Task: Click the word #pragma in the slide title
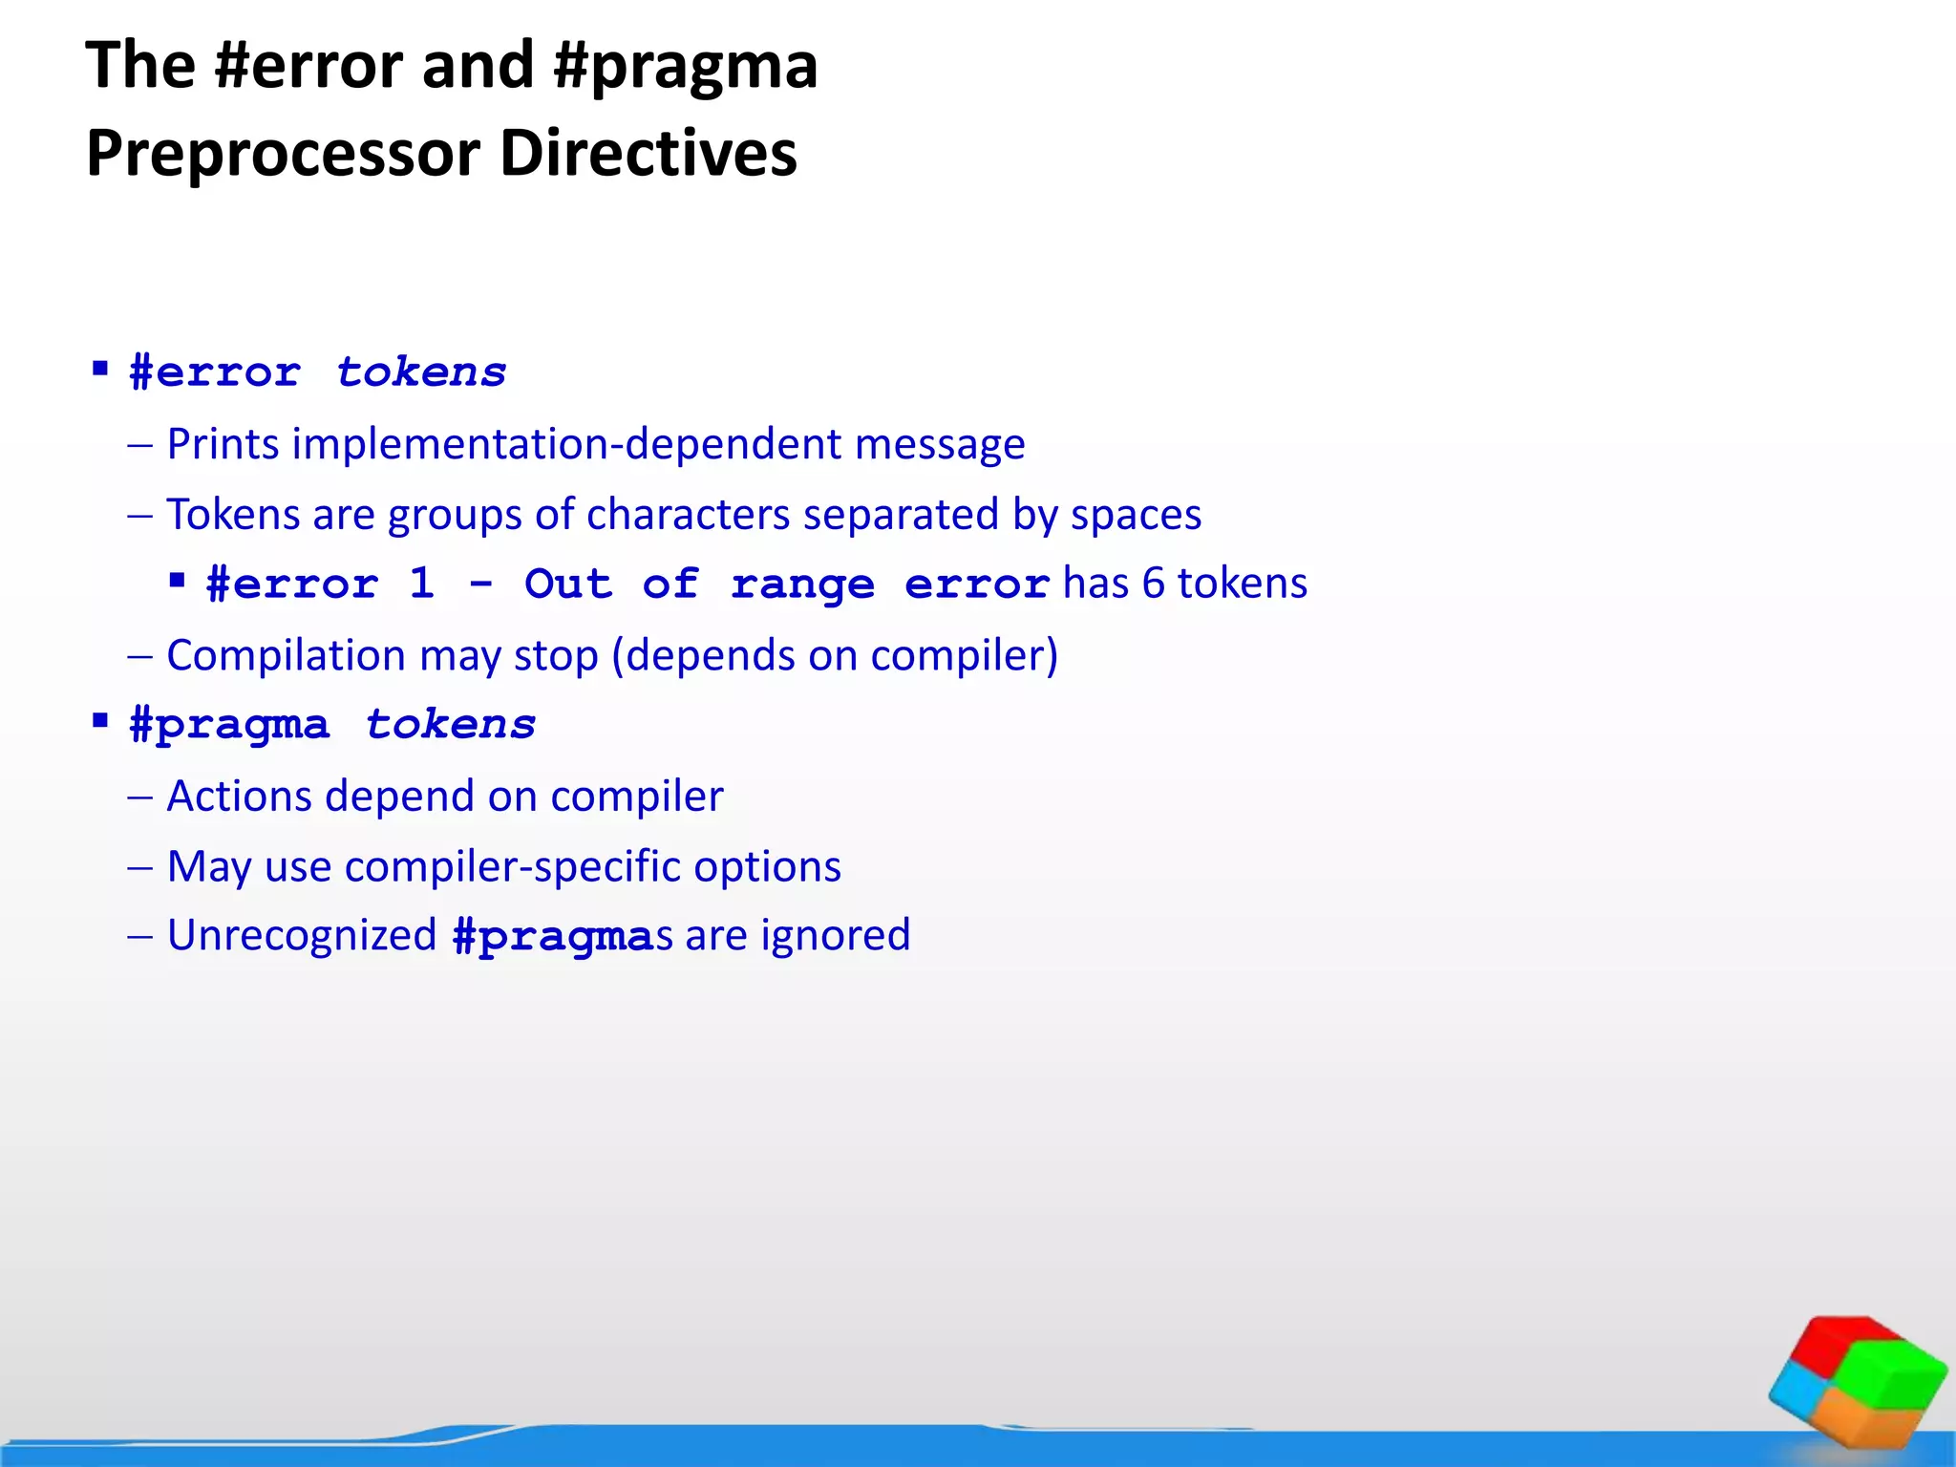click(x=685, y=67)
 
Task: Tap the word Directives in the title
click(x=648, y=155)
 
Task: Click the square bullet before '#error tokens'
click(x=100, y=369)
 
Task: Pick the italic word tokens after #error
click(x=421, y=372)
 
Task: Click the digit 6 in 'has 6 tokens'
click(x=1153, y=584)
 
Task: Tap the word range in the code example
click(x=802, y=585)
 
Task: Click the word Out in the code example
click(x=568, y=584)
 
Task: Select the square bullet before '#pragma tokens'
click(x=100, y=721)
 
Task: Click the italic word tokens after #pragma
click(x=451, y=725)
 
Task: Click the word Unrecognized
click(x=302, y=936)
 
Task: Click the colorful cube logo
click(x=1858, y=1381)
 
